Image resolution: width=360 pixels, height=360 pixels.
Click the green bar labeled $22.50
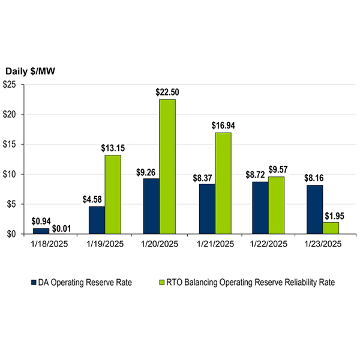[x=167, y=166]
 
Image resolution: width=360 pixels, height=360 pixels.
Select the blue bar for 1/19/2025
[x=97, y=220]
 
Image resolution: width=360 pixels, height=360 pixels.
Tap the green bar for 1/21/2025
[x=223, y=183]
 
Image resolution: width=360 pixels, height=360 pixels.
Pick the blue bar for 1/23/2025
[x=314, y=209]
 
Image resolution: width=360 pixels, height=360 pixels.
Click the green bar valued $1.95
[x=331, y=228]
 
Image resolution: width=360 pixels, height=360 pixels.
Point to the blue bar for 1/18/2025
[x=41, y=231]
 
